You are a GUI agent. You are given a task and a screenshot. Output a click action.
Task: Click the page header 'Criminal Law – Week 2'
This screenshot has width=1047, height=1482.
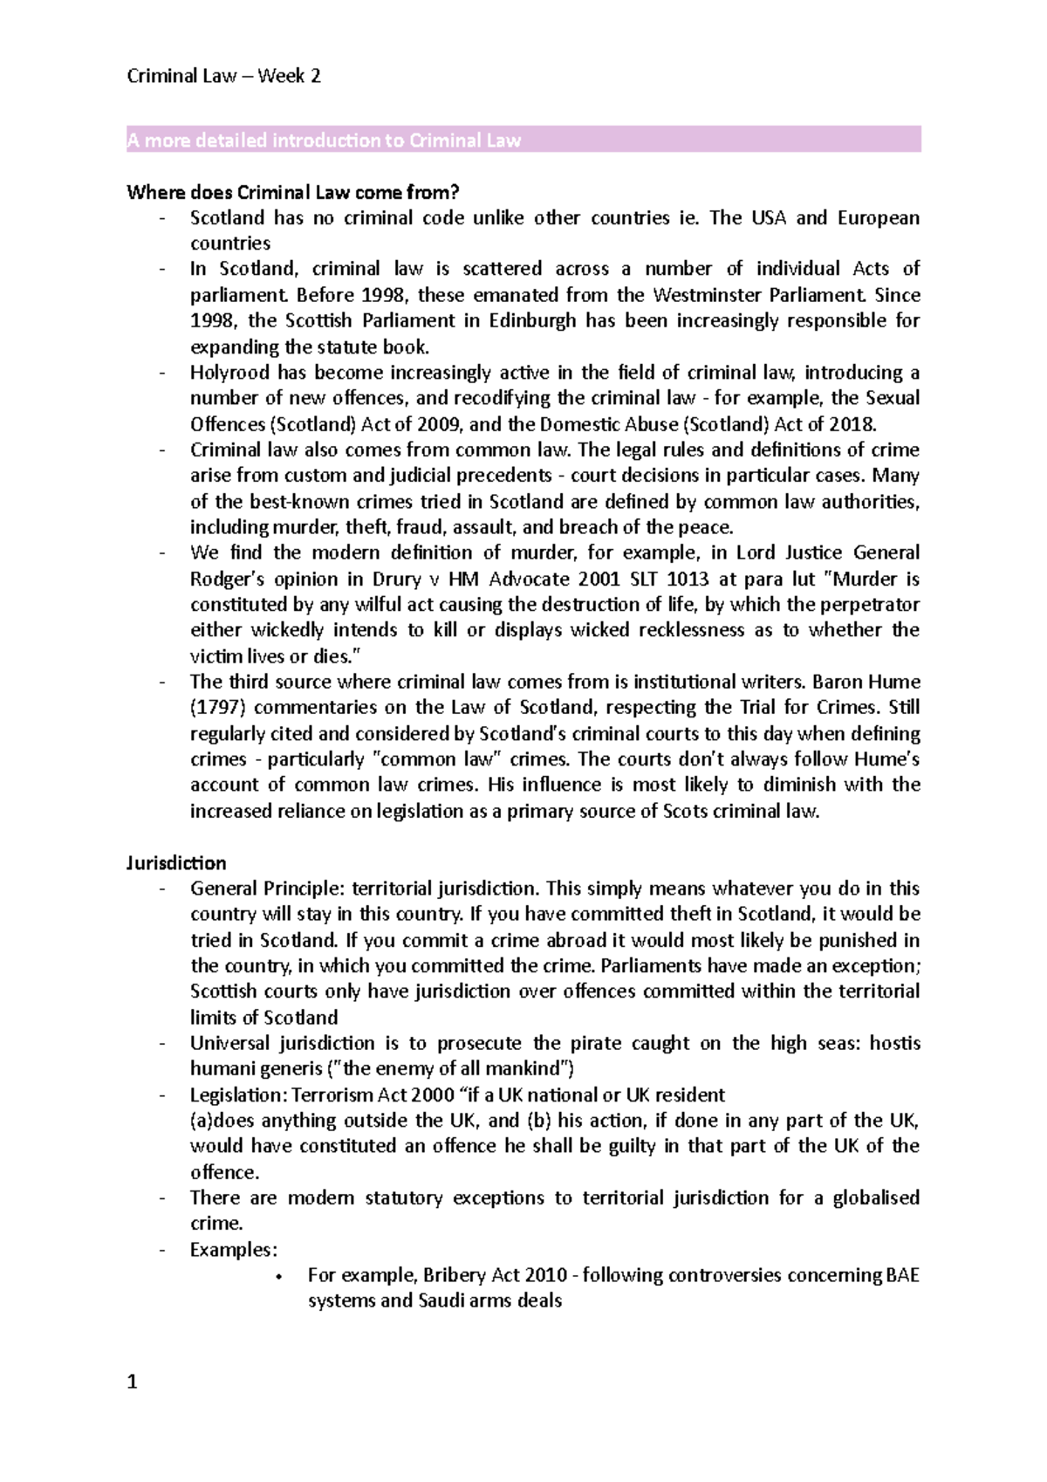pos(223,77)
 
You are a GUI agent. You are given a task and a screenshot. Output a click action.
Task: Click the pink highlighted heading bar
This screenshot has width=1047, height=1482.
pos(523,141)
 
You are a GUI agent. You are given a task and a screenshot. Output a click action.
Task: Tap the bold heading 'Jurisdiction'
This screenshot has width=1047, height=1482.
pos(176,863)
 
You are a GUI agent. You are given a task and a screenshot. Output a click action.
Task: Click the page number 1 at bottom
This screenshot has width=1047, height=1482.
pos(132,1383)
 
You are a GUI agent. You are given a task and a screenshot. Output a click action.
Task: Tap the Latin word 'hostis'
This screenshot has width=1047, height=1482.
pos(895,1044)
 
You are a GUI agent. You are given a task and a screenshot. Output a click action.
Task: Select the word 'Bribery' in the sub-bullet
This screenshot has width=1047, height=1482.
pos(455,1275)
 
